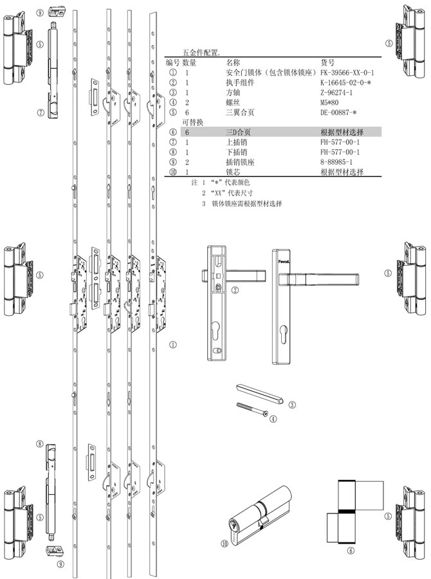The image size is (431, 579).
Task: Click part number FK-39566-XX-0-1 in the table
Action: point(347,73)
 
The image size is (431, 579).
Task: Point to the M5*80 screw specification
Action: point(330,102)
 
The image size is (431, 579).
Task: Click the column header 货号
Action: point(327,64)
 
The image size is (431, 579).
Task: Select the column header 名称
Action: point(233,64)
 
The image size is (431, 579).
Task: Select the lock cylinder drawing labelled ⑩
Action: point(258,515)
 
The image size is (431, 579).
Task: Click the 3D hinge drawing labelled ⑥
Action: point(354,511)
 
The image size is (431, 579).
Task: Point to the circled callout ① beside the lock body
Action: point(172,345)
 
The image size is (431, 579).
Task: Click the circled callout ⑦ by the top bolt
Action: point(40,111)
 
